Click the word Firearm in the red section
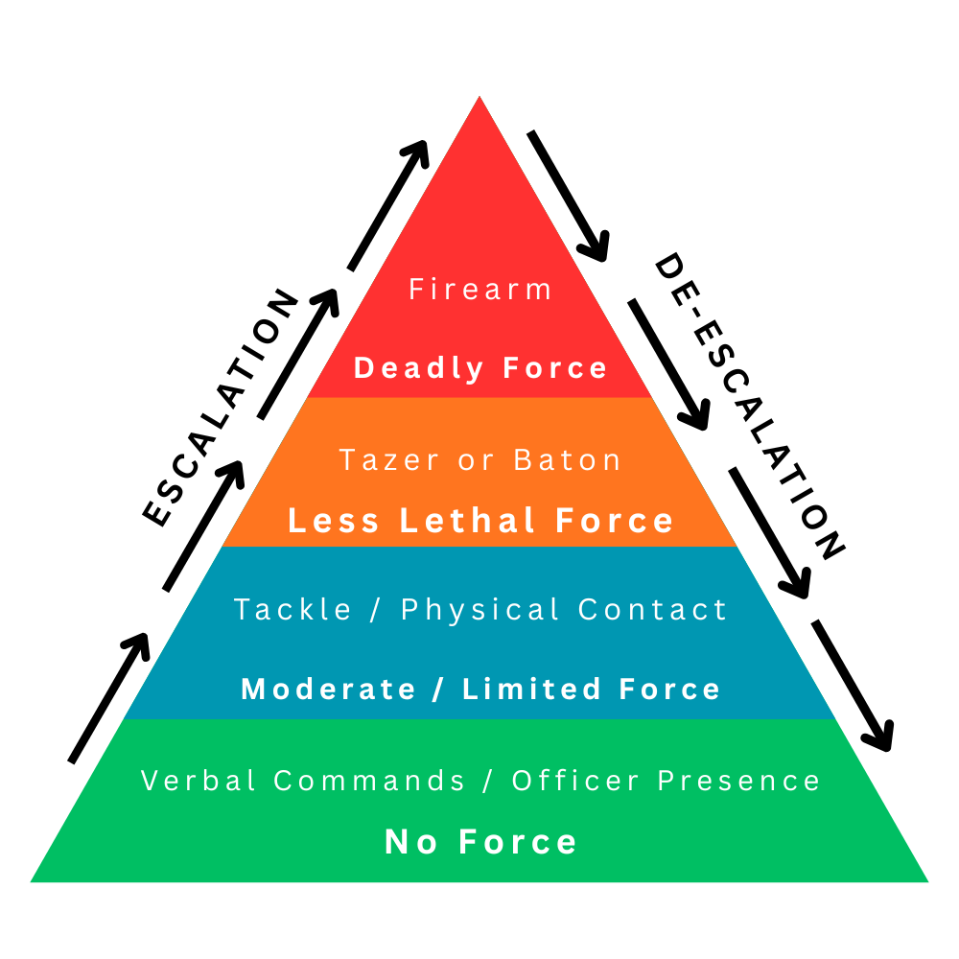pos(480,290)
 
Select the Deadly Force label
pos(480,368)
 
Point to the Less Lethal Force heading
pos(480,522)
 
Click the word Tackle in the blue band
pos(293,610)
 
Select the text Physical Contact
pos(565,610)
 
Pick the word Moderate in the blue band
pos(328,689)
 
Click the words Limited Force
pos(591,689)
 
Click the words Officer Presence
pos(666,781)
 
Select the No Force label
pos(480,842)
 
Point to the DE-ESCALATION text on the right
pos(748,407)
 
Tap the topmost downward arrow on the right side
pos(569,196)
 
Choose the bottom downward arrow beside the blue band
pos(853,685)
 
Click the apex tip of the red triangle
pos(479,100)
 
